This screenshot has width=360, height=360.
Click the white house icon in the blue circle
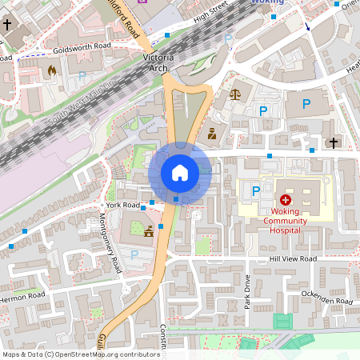[x=180, y=173]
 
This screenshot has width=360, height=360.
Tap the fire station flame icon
[x=52, y=70]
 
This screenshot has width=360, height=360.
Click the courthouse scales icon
[x=234, y=94]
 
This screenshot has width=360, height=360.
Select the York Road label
[x=128, y=205]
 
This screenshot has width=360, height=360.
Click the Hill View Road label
[x=293, y=259]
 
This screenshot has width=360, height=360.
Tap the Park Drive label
[x=248, y=291]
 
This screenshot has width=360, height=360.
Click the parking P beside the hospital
[x=256, y=191]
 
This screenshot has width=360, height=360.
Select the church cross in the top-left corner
[x=8, y=25]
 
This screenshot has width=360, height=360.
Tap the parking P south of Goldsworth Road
[x=82, y=77]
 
